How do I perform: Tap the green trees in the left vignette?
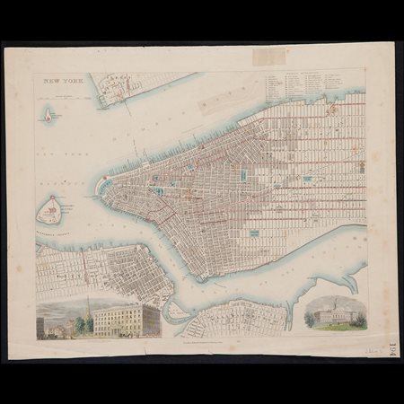pos(81,324)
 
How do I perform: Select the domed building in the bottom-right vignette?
pos(335,312)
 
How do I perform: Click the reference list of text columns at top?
pos(314,85)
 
